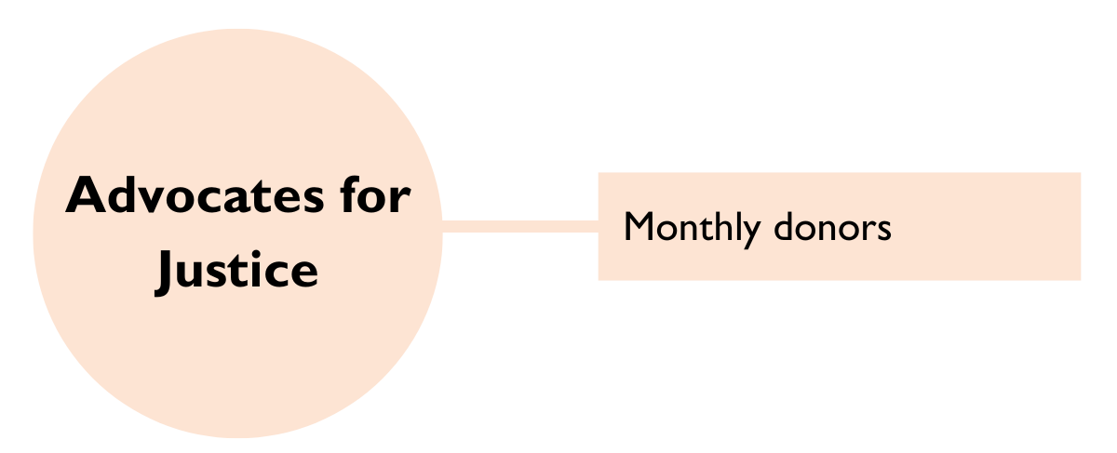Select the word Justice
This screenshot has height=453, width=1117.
coord(237,271)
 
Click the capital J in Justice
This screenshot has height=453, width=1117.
coord(165,271)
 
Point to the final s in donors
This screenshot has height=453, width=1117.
coord(883,231)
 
